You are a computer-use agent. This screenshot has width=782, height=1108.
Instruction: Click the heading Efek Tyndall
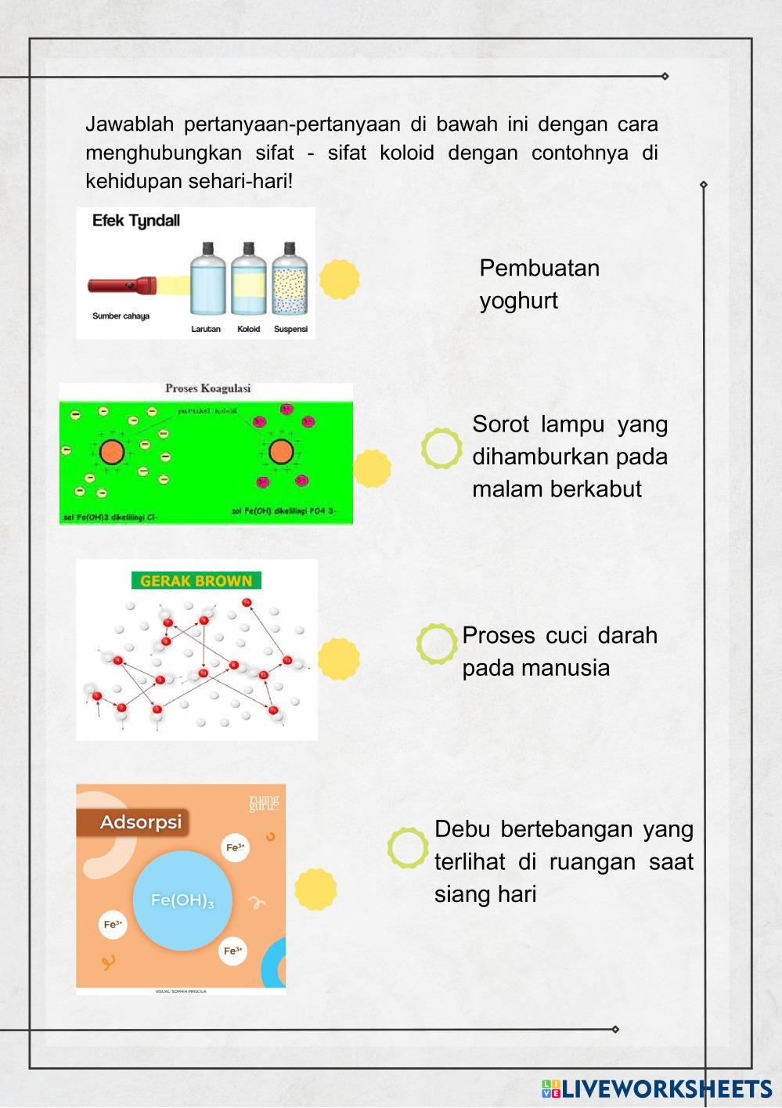(135, 221)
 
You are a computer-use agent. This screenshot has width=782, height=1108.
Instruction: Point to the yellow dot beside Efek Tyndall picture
(339, 279)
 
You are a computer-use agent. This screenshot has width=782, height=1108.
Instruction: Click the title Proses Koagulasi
(207, 388)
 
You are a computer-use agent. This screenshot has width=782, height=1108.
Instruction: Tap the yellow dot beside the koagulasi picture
(372, 468)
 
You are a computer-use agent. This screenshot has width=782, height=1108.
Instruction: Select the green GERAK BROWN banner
(196, 581)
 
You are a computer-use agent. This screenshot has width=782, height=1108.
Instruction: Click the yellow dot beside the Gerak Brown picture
(339, 658)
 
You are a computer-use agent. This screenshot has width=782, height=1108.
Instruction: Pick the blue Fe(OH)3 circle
(182, 900)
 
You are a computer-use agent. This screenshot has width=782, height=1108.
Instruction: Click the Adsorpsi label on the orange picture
(140, 822)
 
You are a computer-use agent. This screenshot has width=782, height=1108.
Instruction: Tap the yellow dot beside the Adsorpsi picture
(315, 889)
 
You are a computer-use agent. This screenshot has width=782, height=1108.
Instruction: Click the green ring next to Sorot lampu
(441, 449)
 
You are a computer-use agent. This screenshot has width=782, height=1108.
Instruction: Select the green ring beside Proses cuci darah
(437, 644)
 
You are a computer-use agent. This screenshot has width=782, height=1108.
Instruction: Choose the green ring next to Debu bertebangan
(408, 848)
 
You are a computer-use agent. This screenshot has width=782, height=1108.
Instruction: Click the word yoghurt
(518, 301)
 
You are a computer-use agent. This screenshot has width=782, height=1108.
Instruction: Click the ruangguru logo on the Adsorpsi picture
(263, 803)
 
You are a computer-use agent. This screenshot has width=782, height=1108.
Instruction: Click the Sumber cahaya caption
(121, 316)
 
